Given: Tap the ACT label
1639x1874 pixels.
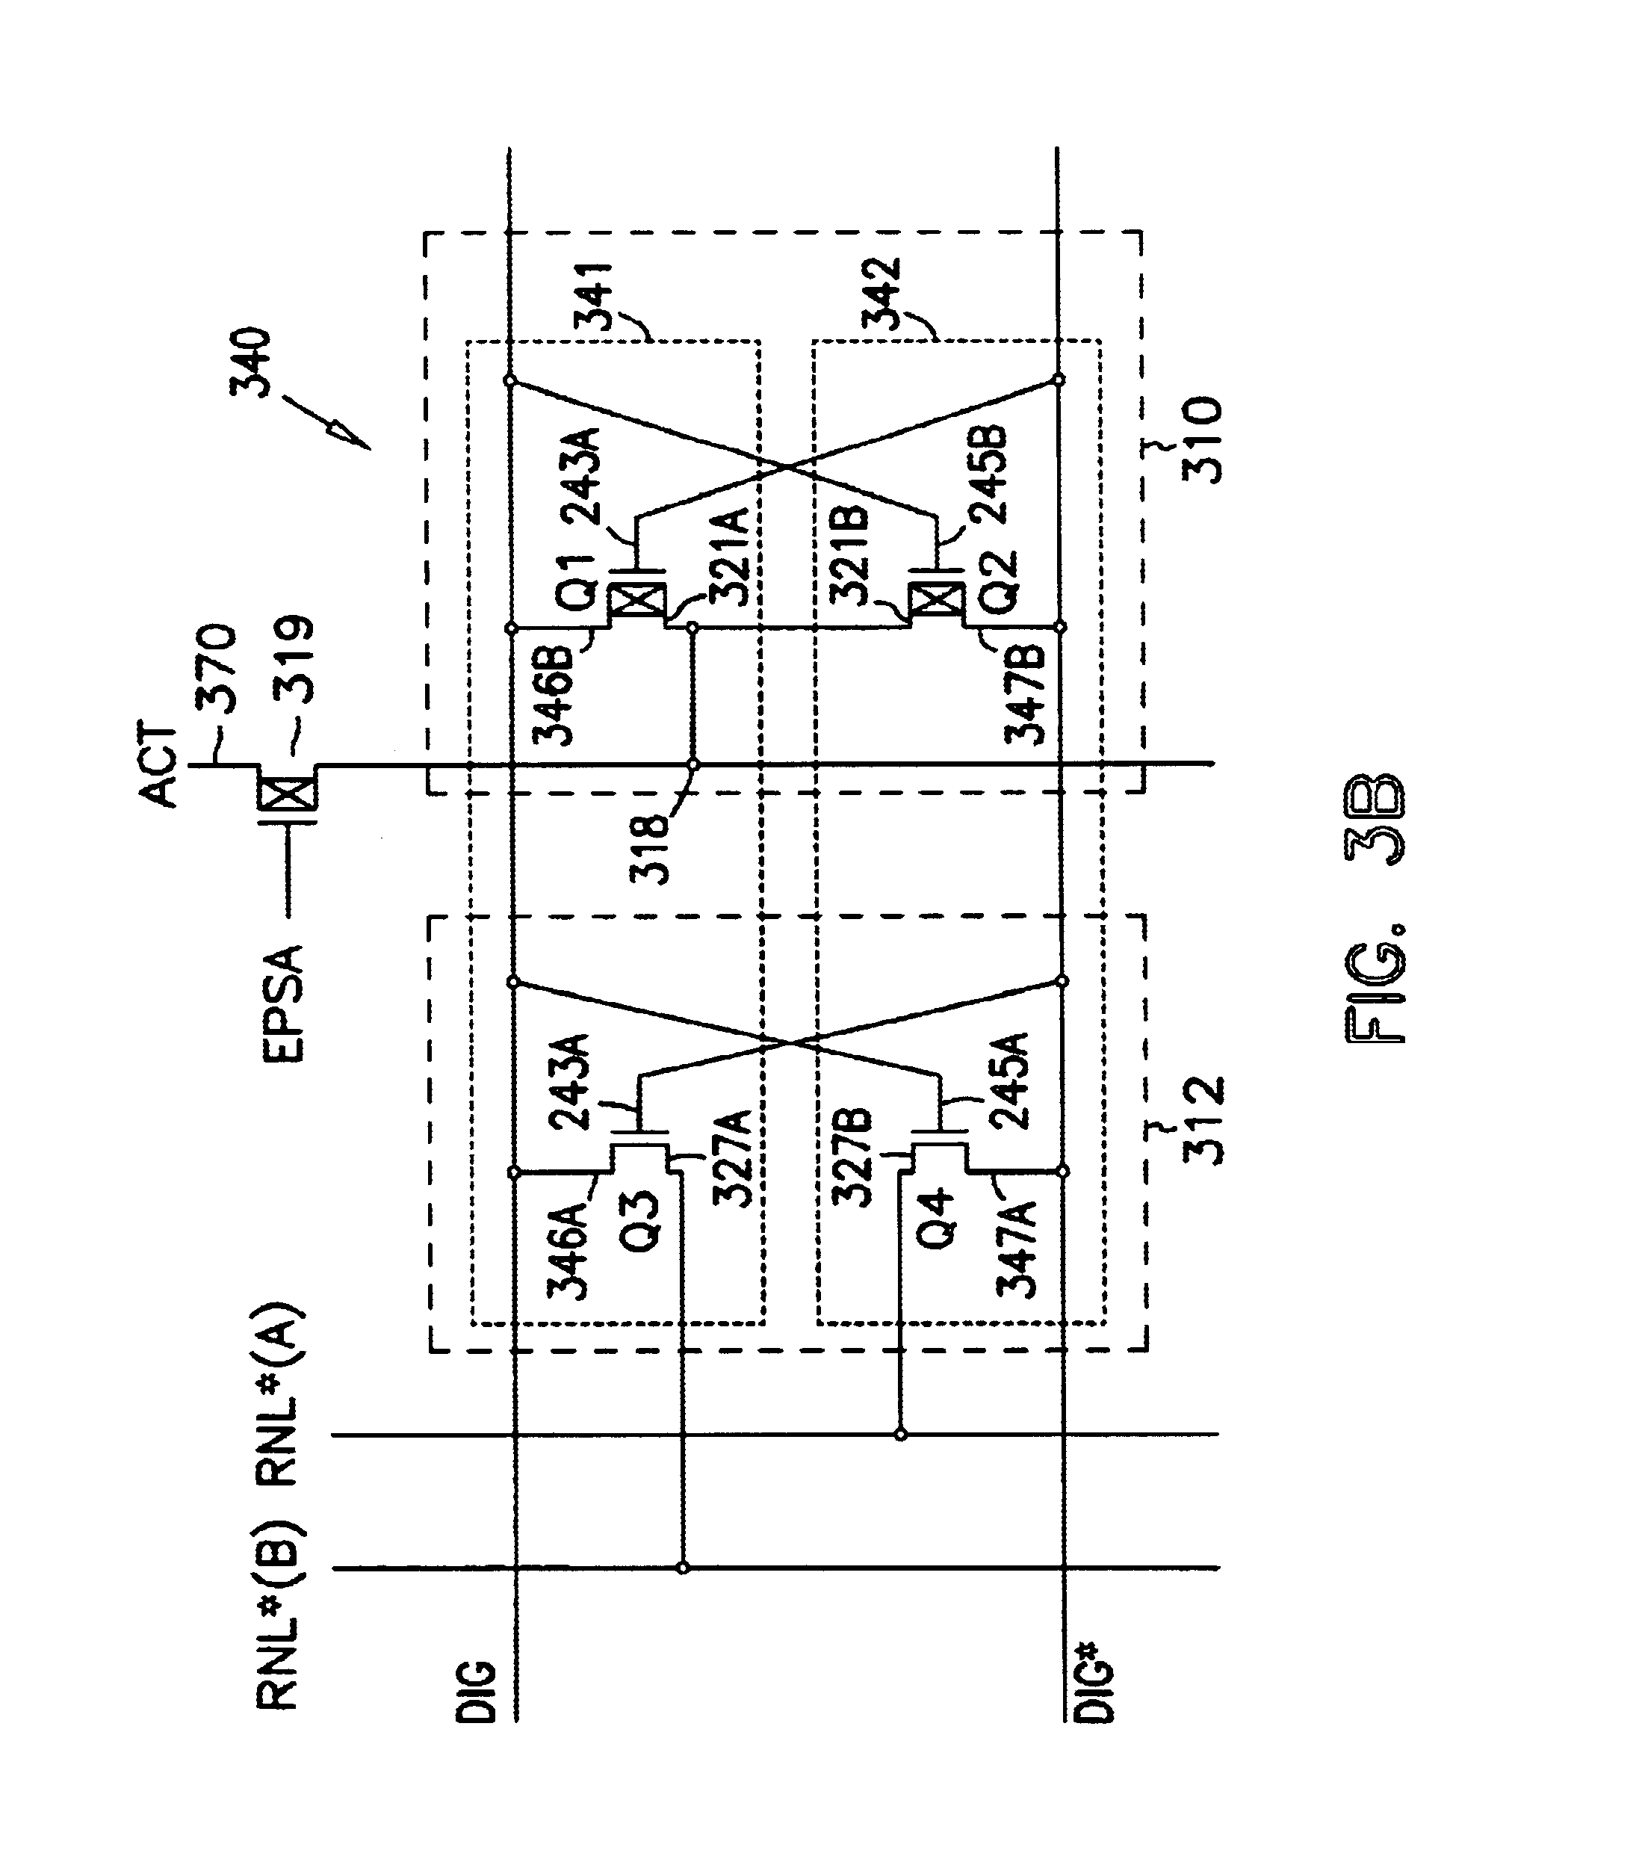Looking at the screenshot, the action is tap(158, 767).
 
